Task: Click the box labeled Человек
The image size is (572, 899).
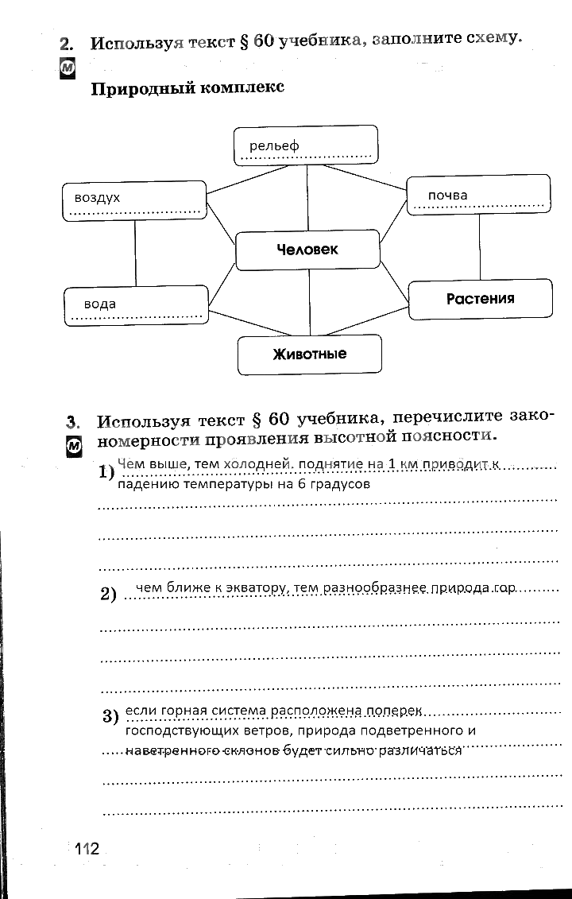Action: tap(307, 250)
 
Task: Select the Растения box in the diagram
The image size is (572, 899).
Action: tap(480, 299)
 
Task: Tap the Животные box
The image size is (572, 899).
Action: tap(309, 355)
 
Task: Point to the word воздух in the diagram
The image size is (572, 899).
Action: tap(97, 197)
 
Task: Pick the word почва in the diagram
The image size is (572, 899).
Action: tap(447, 195)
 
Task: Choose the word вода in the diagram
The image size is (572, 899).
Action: tap(100, 304)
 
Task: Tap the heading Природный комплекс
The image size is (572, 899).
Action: tap(187, 87)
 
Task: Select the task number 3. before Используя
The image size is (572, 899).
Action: tap(74, 421)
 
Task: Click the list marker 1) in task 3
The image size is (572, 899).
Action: tap(106, 473)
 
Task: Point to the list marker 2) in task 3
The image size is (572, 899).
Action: tap(109, 594)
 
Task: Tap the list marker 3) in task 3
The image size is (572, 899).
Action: tap(110, 715)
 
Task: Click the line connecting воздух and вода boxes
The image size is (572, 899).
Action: tap(135, 253)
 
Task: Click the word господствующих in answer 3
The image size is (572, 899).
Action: tap(174, 730)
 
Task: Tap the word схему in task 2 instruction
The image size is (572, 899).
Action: tap(491, 37)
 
